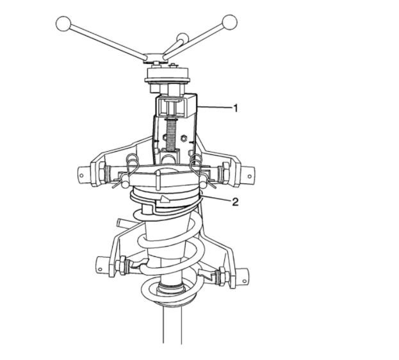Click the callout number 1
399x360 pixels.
236,108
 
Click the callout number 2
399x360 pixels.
235,202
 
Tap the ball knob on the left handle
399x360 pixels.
63,24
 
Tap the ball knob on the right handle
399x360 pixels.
229,22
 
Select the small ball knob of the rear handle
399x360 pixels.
183,38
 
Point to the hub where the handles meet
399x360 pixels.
155,57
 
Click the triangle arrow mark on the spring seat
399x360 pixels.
165,199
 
